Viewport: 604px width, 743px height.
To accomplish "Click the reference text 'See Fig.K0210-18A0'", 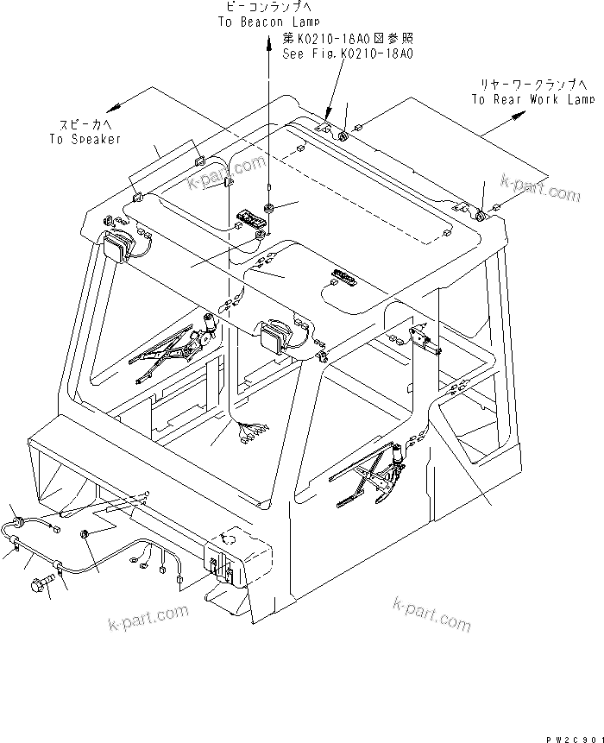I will click(x=349, y=53).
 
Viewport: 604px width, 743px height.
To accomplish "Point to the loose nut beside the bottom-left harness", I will click(x=85, y=536).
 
